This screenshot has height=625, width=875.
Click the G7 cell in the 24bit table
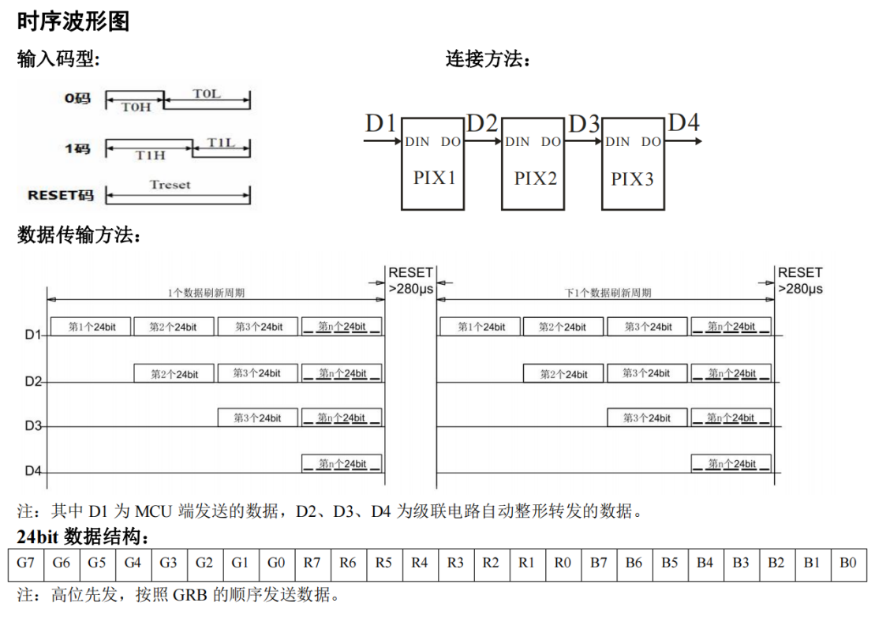click(26, 563)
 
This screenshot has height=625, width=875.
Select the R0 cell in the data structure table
click(563, 563)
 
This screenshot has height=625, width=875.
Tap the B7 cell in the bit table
click(599, 563)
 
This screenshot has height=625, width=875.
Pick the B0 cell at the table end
click(848, 563)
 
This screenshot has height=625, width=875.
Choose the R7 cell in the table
click(312, 563)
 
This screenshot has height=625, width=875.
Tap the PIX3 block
click(633, 163)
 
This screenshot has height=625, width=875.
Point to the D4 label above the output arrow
click(683, 123)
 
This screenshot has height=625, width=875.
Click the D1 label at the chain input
click(380, 123)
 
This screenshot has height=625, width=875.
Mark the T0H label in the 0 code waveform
click(136, 107)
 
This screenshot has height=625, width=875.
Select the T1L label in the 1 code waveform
click(221, 142)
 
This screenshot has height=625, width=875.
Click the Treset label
click(170, 185)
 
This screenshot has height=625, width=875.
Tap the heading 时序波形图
click(73, 21)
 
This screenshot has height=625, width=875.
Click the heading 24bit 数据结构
click(83, 537)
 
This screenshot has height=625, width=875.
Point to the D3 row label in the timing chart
click(32, 426)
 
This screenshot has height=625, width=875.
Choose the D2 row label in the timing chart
click(32, 381)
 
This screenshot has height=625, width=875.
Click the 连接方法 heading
click(488, 59)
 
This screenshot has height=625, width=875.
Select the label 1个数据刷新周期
click(206, 292)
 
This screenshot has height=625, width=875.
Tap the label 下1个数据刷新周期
click(608, 292)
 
